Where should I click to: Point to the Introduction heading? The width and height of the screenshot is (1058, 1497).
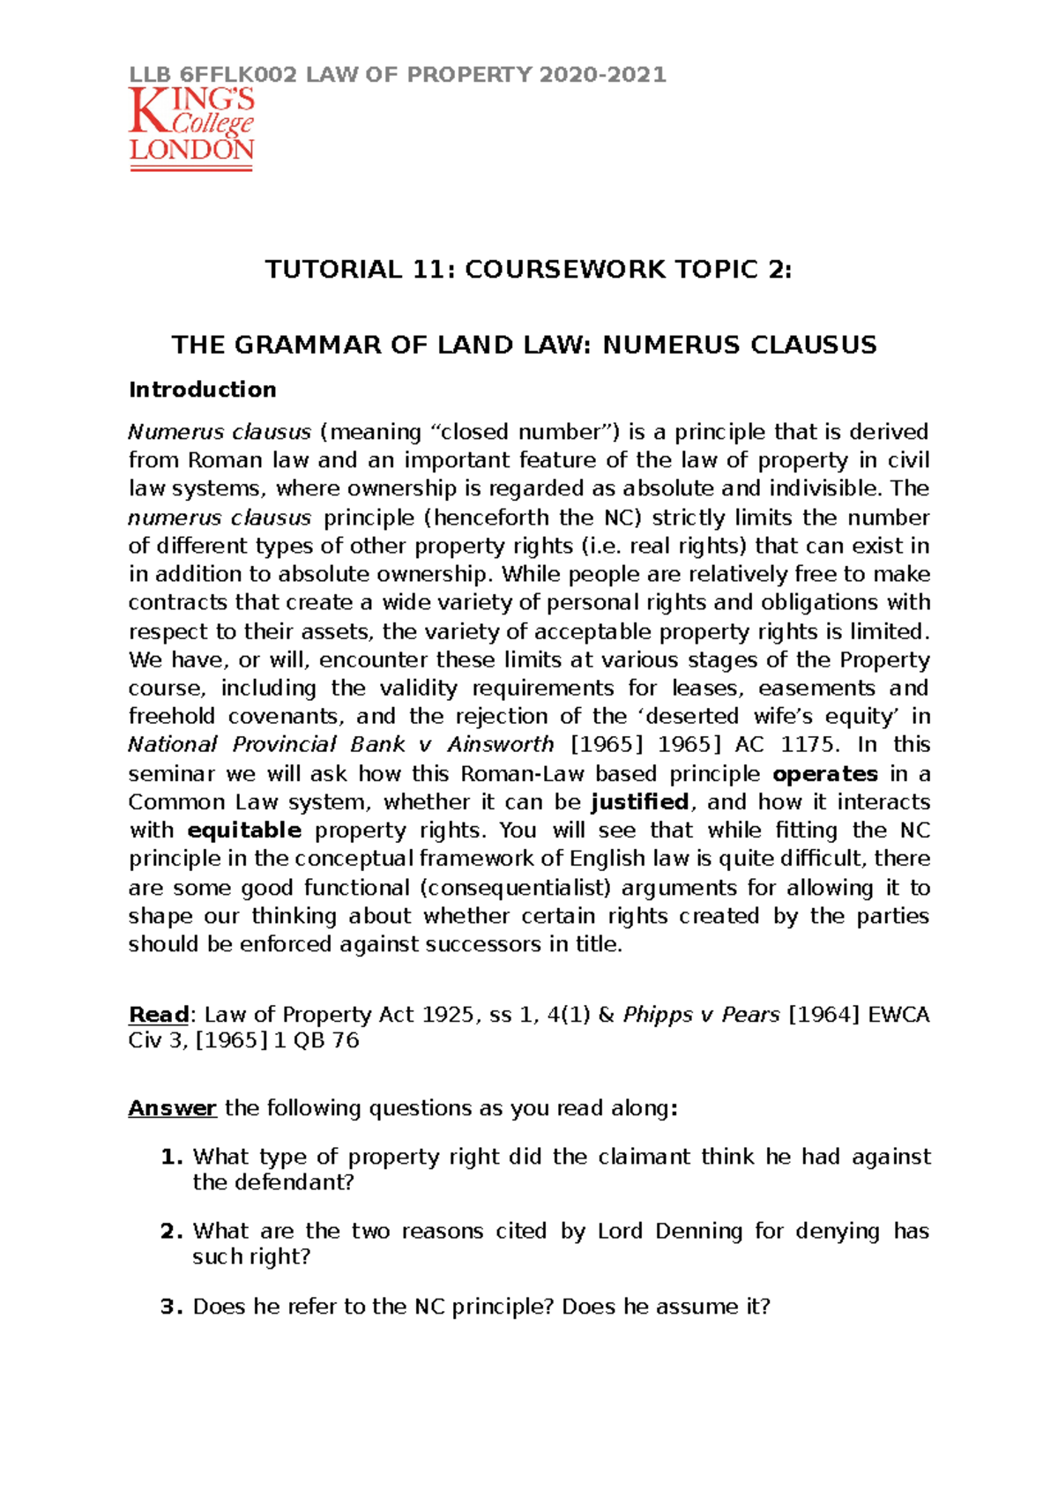click(x=202, y=390)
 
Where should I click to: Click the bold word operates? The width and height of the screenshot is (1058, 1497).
click(x=824, y=774)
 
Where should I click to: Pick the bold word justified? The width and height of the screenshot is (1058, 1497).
click(x=640, y=802)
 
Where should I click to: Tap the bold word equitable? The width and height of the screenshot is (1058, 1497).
click(x=244, y=830)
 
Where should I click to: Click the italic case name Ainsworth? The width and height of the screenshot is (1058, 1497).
click(x=500, y=745)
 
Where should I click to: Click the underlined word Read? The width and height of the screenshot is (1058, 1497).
click(x=159, y=1016)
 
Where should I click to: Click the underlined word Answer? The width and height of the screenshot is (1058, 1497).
click(x=172, y=1108)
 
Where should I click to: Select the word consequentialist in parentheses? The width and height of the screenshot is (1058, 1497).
click(x=517, y=888)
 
